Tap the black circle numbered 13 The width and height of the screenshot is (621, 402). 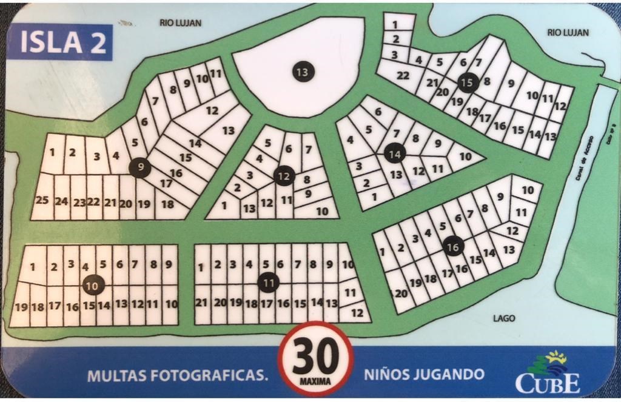point(301,72)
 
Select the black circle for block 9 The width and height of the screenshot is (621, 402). point(140,167)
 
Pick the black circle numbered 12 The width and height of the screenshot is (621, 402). point(283,176)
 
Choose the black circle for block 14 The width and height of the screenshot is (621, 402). point(395,154)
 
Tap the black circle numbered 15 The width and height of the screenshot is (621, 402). point(466,82)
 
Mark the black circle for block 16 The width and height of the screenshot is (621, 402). point(452,246)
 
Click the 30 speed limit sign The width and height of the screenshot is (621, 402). point(315,358)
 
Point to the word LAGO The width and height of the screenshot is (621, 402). point(504,318)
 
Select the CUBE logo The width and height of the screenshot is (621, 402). point(547,373)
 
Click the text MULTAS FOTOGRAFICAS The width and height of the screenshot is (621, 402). point(177,375)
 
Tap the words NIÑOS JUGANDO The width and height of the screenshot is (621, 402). point(424,374)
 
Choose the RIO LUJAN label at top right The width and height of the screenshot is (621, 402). point(568,33)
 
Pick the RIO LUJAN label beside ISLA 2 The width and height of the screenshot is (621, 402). point(180,23)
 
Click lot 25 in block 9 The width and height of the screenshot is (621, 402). point(42,201)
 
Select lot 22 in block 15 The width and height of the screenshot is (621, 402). point(403,76)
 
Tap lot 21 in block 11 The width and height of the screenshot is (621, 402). point(202,303)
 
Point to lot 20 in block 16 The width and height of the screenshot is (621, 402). point(401,293)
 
